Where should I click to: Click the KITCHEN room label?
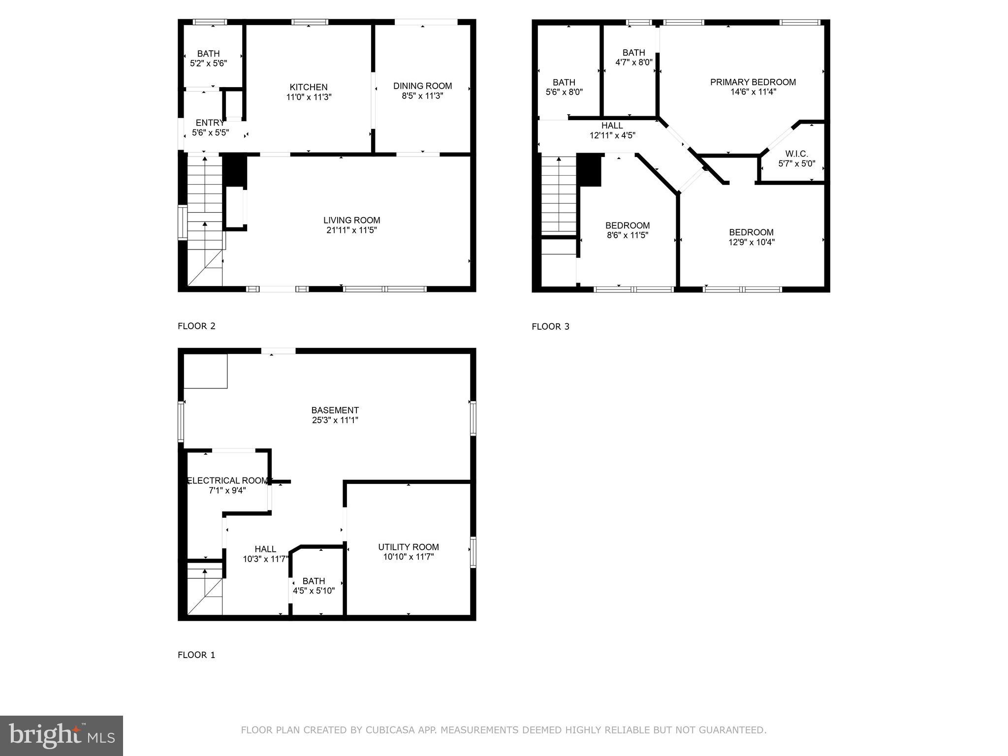(x=309, y=87)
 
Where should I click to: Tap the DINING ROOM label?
(x=422, y=86)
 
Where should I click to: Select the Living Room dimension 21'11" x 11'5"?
(x=351, y=230)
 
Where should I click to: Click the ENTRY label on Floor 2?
(x=210, y=123)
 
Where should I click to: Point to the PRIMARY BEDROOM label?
(x=753, y=82)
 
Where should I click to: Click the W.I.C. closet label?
(x=796, y=154)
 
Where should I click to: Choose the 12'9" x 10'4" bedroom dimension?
(x=751, y=242)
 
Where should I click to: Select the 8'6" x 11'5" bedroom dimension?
(x=627, y=235)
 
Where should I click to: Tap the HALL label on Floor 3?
(x=612, y=126)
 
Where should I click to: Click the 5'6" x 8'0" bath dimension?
(x=564, y=92)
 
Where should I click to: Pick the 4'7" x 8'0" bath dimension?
(x=633, y=63)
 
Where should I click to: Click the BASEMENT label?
(x=335, y=410)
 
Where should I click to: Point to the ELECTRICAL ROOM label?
(x=227, y=480)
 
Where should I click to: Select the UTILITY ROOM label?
(x=408, y=547)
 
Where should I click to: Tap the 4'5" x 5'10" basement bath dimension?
(x=314, y=591)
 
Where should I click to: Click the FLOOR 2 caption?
(x=196, y=326)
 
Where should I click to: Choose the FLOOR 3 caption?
(x=550, y=326)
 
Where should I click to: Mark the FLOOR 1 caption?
(x=196, y=655)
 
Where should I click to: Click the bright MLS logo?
(x=62, y=735)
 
